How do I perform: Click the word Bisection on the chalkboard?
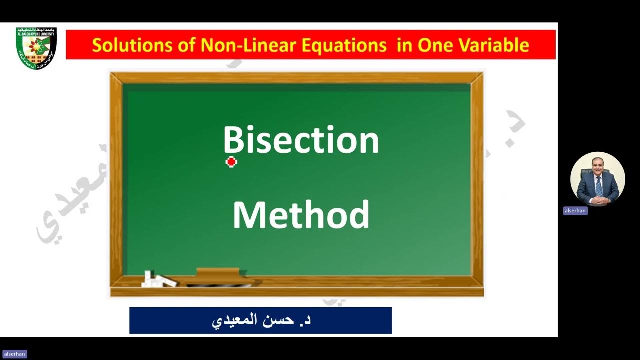[301, 140]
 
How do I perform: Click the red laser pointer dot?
[231, 162]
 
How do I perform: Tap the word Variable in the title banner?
[497, 45]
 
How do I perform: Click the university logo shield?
[36, 48]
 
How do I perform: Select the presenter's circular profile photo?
[597, 179]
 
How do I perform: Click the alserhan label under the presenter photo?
[575, 211]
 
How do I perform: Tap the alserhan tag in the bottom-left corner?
[13, 354]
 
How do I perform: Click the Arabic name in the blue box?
[260, 320]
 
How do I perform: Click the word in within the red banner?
[402, 45]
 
